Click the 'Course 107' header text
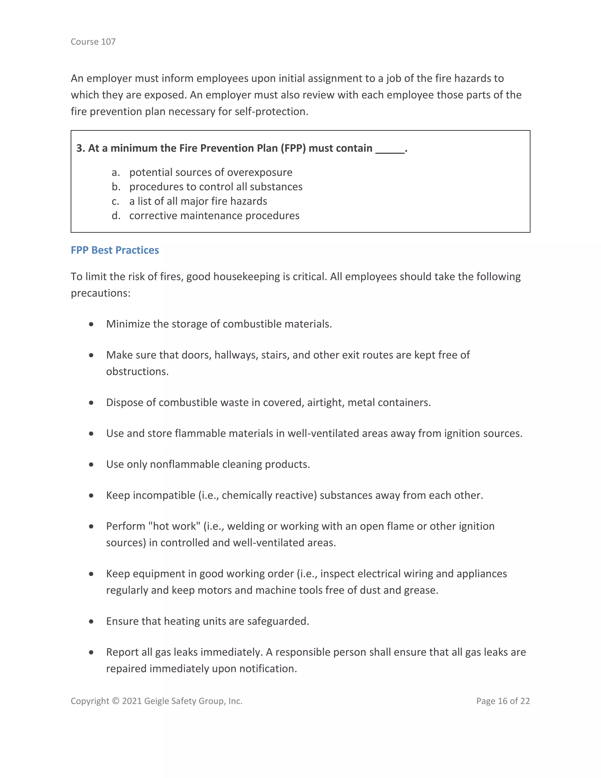click(x=93, y=42)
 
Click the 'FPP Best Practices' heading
click(x=115, y=250)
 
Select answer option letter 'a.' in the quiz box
click(x=115, y=172)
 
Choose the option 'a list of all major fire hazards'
click(x=198, y=201)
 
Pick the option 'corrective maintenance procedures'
click(x=214, y=215)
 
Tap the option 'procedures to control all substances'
click(x=216, y=187)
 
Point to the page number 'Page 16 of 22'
click(x=503, y=701)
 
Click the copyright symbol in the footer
click(x=116, y=701)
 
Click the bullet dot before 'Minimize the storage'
click(x=92, y=324)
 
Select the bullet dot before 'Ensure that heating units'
click(x=92, y=621)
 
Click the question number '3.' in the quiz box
click(x=80, y=148)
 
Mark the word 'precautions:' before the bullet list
click(x=100, y=293)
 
